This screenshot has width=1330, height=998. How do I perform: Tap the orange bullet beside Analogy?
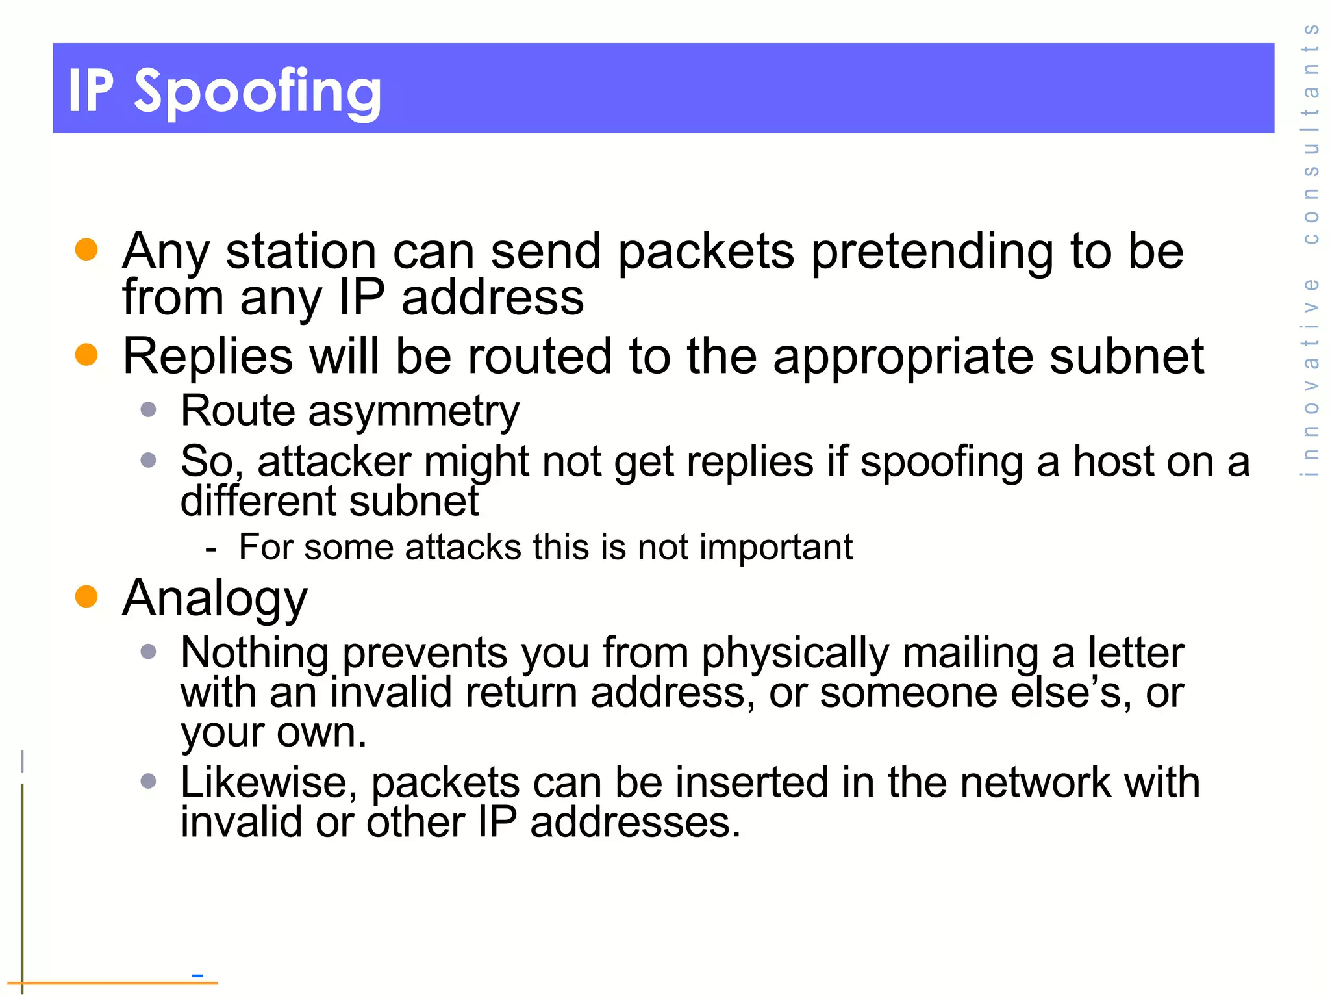[x=86, y=596]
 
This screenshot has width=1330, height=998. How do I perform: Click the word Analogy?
[x=215, y=599]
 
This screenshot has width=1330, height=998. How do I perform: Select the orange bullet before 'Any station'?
[x=86, y=249]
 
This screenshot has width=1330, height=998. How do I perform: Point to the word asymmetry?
[x=414, y=412]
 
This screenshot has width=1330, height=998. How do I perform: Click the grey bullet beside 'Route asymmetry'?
[x=149, y=409]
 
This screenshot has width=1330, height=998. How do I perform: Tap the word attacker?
[x=334, y=462]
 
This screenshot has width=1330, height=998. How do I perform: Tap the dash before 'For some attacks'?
[x=210, y=548]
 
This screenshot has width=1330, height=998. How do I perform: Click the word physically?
[x=795, y=654]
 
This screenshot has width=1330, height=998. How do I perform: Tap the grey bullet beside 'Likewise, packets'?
[x=149, y=780]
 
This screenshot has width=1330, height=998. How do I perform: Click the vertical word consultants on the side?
[x=1311, y=134]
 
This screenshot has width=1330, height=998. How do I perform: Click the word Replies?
[x=208, y=357]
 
